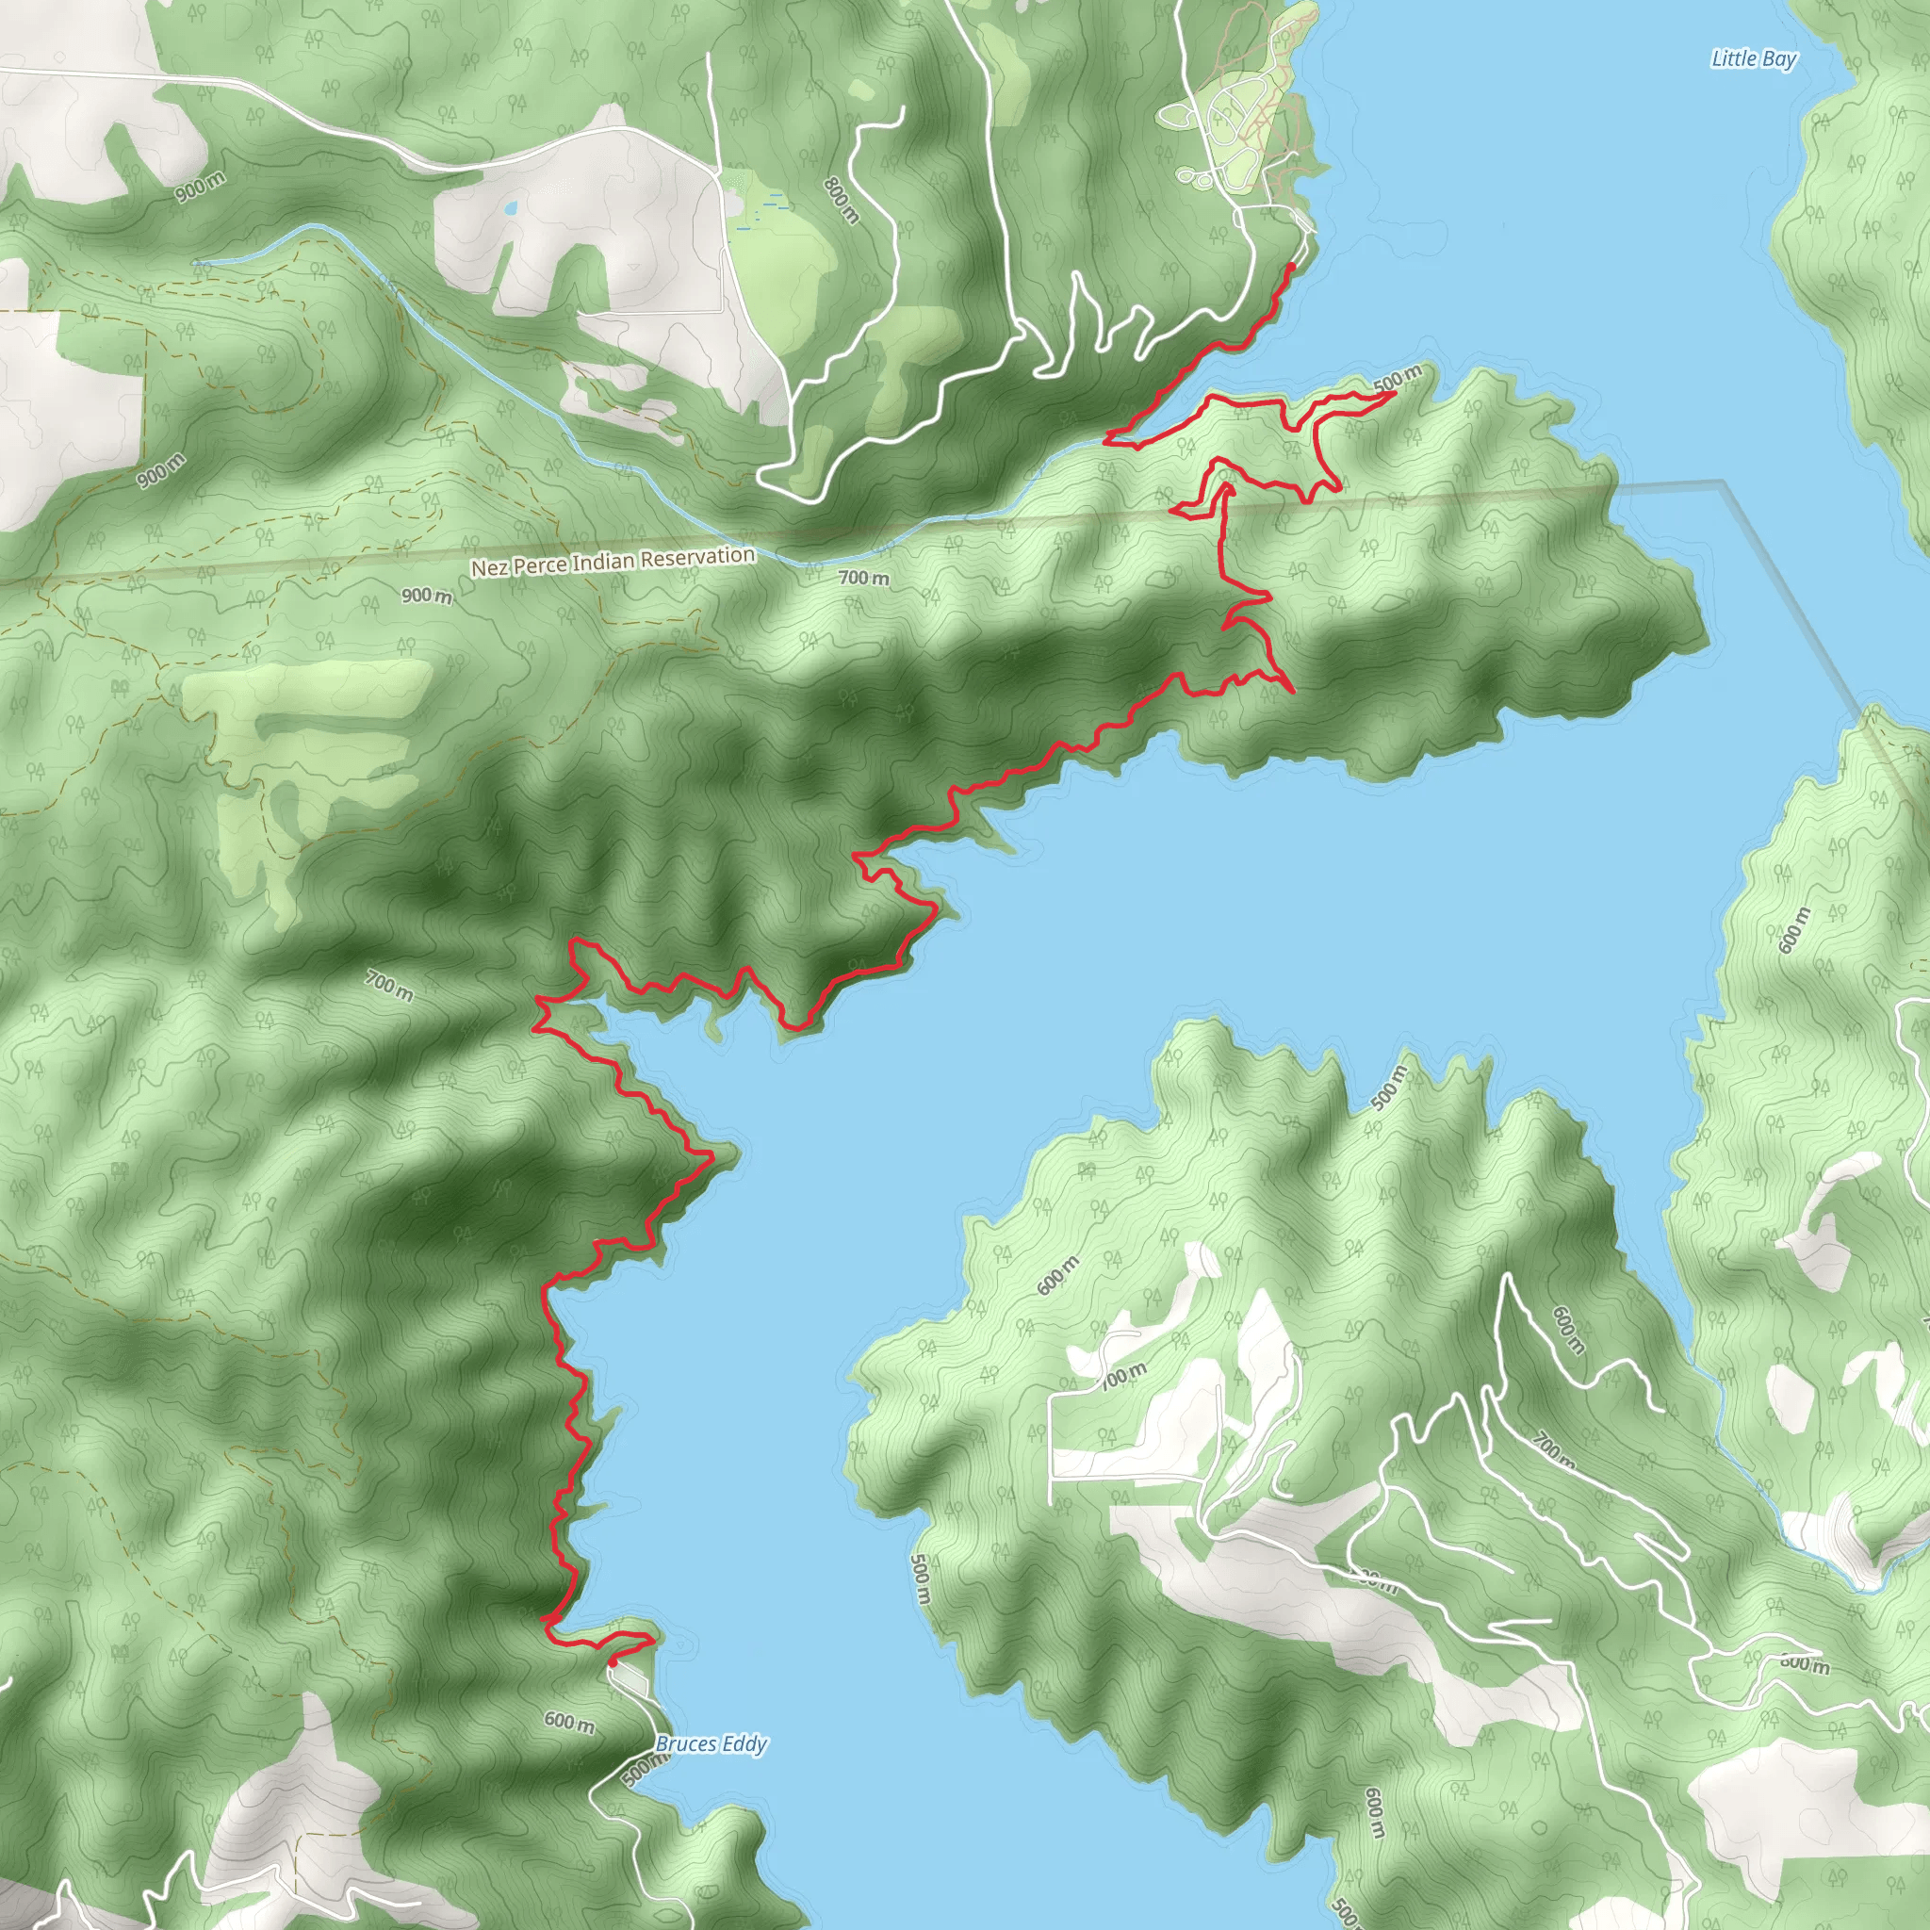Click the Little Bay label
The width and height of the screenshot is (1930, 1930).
1753,59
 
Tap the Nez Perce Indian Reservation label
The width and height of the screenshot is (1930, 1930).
613,562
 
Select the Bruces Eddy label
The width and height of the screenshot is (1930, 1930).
711,1744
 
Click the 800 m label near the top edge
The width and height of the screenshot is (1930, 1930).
842,200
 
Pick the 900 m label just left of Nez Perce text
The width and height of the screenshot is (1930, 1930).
427,596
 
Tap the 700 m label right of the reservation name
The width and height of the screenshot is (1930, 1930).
863,578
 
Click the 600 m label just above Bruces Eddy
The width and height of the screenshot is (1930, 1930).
569,1720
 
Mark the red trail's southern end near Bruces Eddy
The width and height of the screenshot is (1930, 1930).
611,1661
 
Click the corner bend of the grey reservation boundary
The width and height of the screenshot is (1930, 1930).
1723,482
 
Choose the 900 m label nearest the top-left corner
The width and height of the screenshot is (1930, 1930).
200,187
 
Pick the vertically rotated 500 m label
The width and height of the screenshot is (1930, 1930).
920,1578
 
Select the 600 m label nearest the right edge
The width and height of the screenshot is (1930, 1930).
1794,929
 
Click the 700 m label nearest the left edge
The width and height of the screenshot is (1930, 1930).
388,986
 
